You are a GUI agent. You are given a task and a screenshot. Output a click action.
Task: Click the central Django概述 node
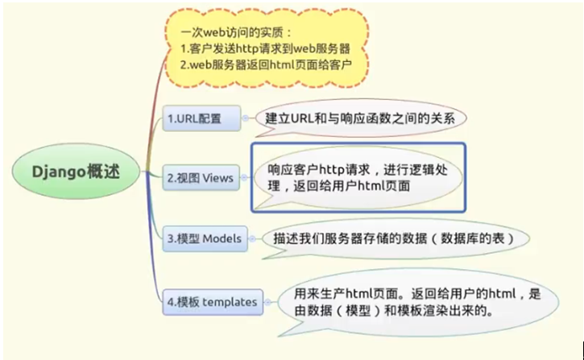77,172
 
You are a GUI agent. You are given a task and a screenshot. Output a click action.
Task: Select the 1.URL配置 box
203,118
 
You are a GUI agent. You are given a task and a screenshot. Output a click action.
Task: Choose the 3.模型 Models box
205,238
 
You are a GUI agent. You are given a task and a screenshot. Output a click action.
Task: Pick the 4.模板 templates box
212,302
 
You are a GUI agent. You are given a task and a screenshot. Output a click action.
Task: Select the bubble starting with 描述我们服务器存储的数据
388,239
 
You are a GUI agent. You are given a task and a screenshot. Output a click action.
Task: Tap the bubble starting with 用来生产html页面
412,301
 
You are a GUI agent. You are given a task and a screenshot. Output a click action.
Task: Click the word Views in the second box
217,176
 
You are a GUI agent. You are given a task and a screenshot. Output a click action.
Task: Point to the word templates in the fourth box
230,302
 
